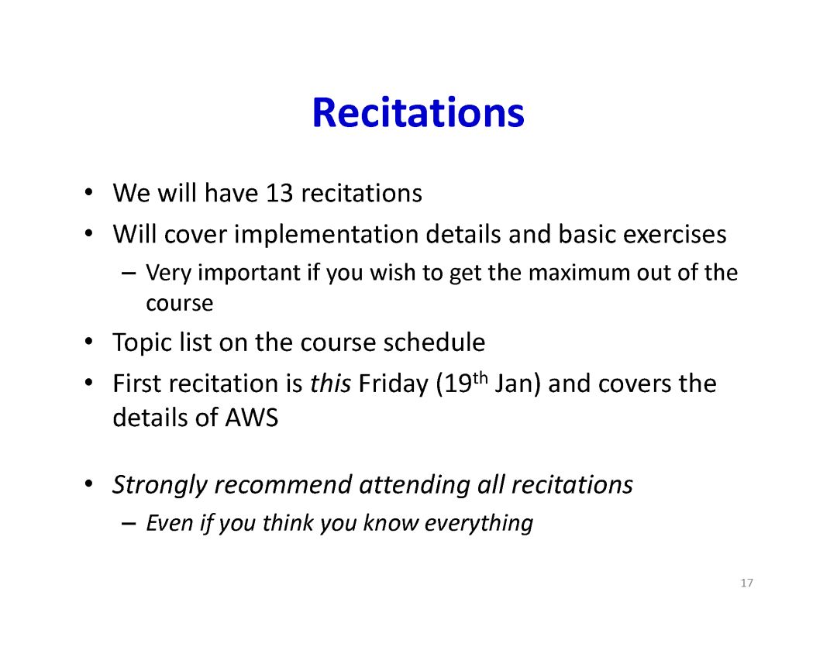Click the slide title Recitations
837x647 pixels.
(x=418, y=112)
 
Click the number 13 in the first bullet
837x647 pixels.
(x=279, y=193)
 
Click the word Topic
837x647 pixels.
(x=142, y=343)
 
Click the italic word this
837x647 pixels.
(x=330, y=384)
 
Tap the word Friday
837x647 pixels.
(x=394, y=384)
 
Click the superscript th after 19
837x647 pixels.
(x=480, y=378)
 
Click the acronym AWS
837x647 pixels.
(x=251, y=418)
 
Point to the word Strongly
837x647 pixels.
(x=160, y=486)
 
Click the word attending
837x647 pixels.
(x=414, y=486)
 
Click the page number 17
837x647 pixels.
(x=747, y=583)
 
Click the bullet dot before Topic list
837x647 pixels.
(x=88, y=341)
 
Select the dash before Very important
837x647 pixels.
(x=128, y=274)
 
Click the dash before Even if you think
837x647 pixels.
(x=128, y=524)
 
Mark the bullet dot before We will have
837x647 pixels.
(x=88, y=192)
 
